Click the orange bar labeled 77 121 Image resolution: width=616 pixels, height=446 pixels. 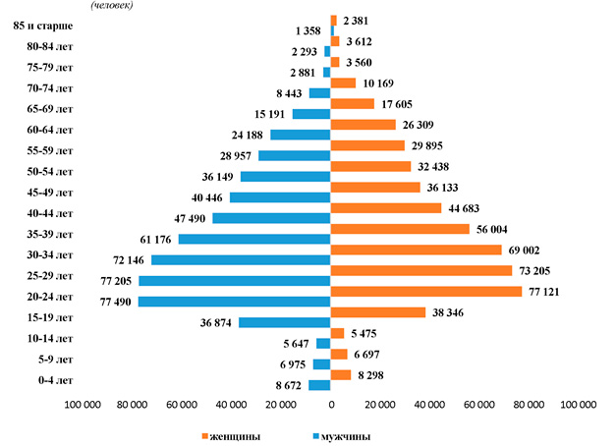coord(426,292)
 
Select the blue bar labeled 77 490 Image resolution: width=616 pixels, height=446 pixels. coord(235,302)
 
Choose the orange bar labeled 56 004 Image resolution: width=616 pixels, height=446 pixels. coord(400,229)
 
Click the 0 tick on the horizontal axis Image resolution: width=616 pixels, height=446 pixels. coord(331,405)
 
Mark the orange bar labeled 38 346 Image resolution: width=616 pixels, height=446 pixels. coord(378,312)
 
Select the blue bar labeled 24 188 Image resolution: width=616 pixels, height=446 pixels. coord(301,135)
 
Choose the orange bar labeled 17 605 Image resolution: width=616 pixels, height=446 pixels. coord(353,103)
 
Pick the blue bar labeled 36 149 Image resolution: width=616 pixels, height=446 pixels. coord(286,177)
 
